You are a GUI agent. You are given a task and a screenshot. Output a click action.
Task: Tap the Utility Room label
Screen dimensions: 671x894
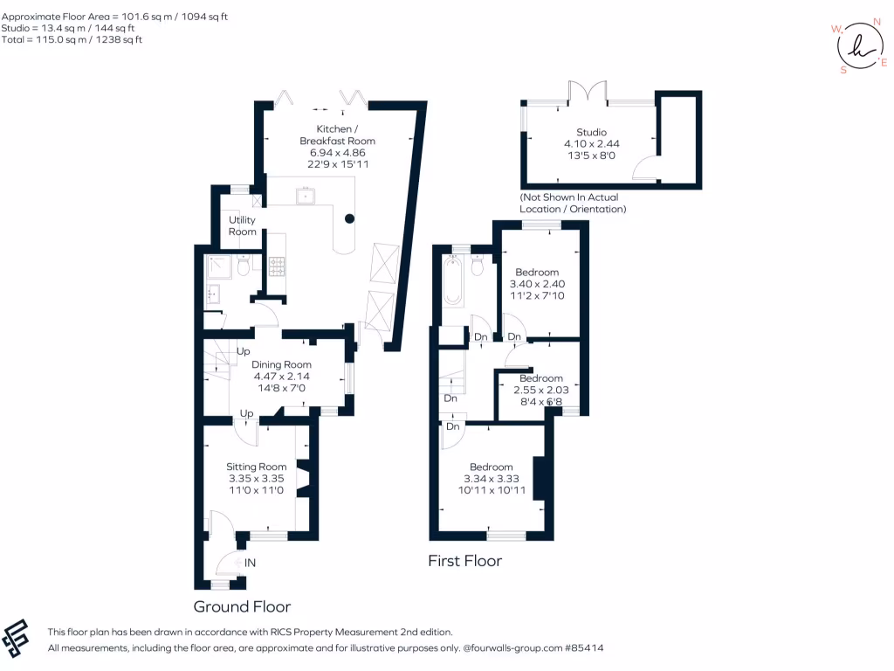pos(243,225)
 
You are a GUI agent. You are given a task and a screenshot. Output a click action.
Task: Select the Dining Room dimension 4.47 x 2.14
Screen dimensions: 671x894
pos(281,377)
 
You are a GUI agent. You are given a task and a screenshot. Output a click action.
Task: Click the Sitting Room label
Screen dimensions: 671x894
pos(257,467)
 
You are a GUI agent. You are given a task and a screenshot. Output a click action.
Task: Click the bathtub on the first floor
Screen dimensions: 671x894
pos(452,280)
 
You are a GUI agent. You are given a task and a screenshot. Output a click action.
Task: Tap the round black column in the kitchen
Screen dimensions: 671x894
pos(349,218)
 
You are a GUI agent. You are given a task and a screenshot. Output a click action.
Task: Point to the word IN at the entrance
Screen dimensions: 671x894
pos(251,564)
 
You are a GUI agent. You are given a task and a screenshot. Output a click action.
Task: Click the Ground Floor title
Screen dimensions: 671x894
pos(242,606)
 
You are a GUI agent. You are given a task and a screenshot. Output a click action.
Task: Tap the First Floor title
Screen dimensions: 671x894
pos(464,561)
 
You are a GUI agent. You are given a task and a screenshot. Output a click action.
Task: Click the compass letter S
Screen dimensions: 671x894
pos(843,71)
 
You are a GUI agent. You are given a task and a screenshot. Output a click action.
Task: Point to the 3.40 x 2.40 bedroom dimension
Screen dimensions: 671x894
pos(537,284)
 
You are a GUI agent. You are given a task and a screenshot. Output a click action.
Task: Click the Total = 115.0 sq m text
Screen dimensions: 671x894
pos(72,39)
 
